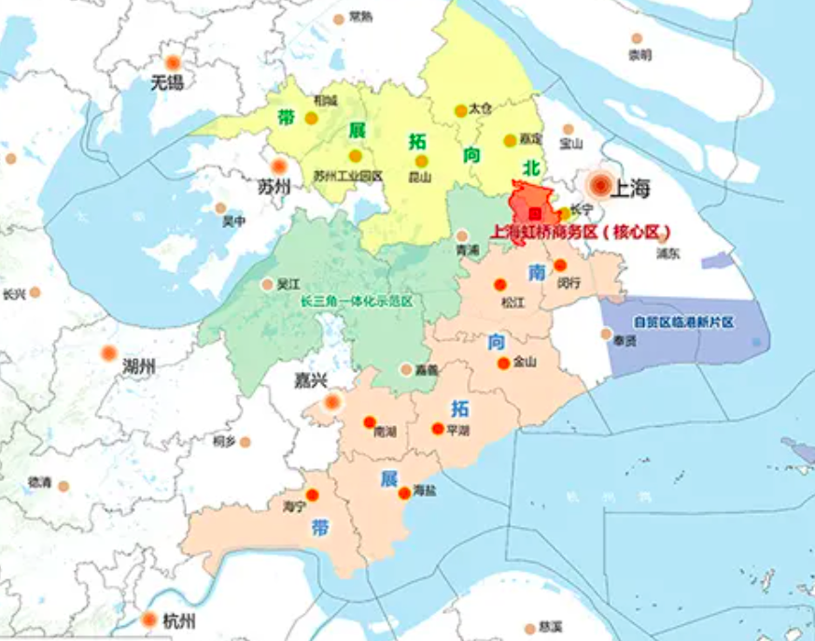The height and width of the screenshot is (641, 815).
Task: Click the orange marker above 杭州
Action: (x=148, y=620)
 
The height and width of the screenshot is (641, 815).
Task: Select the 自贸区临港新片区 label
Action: (x=684, y=322)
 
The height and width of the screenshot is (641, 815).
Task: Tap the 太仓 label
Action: (x=481, y=108)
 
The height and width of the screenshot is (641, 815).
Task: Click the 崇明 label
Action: (x=639, y=55)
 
